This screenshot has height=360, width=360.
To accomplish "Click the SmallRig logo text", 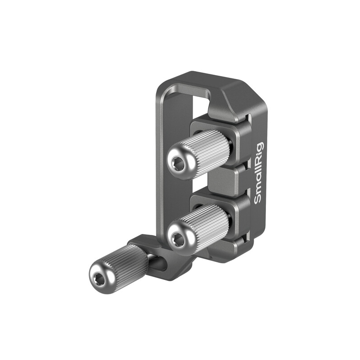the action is click(259, 173).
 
